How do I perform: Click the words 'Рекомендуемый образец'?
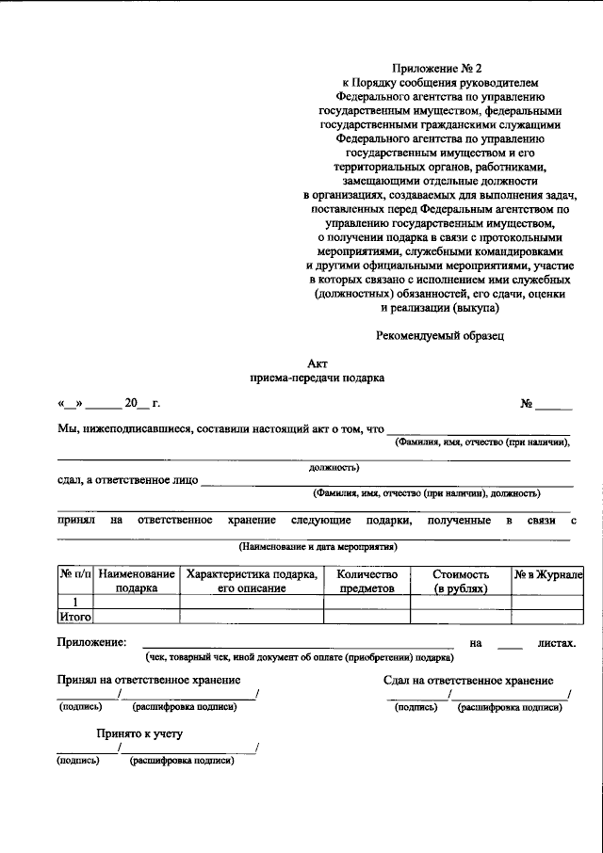(x=441, y=334)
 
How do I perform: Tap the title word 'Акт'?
(x=317, y=362)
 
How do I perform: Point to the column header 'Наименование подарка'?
(x=136, y=581)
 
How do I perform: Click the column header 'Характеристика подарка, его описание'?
(x=252, y=581)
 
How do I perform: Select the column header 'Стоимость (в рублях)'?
(x=461, y=581)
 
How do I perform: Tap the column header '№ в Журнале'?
(x=547, y=574)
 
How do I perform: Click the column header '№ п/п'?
(x=74, y=574)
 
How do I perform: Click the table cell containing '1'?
(x=74, y=603)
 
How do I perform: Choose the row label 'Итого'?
(x=74, y=618)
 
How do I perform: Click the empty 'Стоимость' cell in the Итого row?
(x=461, y=618)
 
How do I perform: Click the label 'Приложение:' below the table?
(x=91, y=642)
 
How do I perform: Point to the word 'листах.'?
(x=557, y=644)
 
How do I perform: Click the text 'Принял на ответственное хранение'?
(x=148, y=680)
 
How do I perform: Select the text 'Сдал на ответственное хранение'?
(x=468, y=681)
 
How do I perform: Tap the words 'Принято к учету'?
(x=139, y=732)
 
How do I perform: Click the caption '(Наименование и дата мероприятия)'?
(x=317, y=547)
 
